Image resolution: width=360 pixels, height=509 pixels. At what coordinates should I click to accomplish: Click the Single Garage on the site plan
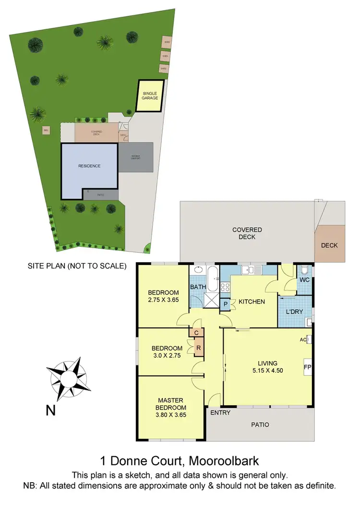tap(150, 96)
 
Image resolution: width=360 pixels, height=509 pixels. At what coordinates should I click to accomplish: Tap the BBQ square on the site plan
tap(46, 130)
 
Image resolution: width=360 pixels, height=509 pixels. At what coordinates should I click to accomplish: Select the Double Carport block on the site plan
tap(136, 157)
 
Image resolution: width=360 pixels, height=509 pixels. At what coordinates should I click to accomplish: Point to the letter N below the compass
tap(50, 411)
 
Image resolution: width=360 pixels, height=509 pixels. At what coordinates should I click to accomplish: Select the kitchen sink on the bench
tap(250, 270)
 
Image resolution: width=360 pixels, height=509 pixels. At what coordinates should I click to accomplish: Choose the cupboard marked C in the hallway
tap(197, 332)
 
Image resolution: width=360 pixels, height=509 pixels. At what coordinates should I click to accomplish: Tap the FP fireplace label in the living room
tap(307, 368)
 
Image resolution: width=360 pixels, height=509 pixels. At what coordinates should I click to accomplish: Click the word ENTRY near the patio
tap(220, 412)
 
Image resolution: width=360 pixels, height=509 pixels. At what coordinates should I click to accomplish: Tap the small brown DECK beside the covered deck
tap(329, 245)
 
